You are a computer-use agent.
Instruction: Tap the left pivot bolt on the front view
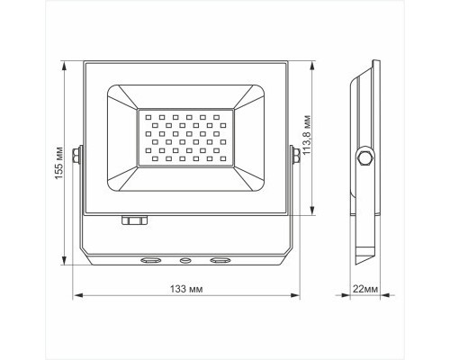pos(79,156)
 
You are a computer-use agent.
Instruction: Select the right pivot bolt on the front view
pos(293,156)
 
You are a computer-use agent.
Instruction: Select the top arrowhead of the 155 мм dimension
pos(66,65)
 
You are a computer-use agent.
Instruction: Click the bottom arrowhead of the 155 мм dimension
pos(66,265)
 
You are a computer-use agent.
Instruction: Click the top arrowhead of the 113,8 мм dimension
pos(312,65)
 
